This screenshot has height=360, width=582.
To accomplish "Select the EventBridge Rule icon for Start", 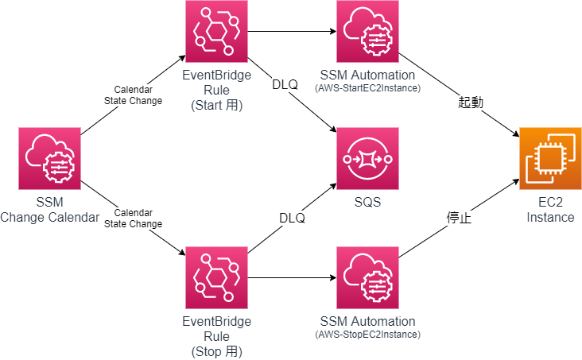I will pyautogui.click(x=215, y=32).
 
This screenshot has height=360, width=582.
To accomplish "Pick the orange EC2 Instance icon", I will pyautogui.click(x=550, y=157).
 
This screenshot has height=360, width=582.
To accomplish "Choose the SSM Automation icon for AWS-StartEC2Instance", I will pyautogui.click(x=367, y=32).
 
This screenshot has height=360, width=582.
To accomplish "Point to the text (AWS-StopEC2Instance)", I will pyautogui.click(x=367, y=335).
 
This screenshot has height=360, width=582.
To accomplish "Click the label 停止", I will pyautogui.click(x=459, y=217).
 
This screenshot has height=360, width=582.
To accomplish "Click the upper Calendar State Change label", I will pyautogui.click(x=134, y=95).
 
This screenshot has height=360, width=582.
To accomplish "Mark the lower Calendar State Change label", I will pyautogui.click(x=134, y=219).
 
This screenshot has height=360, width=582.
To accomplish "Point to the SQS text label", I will pyautogui.click(x=367, y=202).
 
